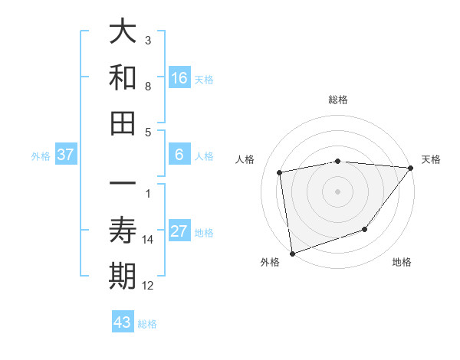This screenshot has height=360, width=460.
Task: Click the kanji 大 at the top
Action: pos(123,31)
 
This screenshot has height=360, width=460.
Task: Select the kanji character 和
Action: pos(123,77)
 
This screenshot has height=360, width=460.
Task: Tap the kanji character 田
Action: pos(123,123)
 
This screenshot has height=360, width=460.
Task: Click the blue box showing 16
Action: pos(179,78)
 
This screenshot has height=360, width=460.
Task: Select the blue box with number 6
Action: pos(179,155)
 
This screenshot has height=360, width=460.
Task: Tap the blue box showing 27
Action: pos(179,231)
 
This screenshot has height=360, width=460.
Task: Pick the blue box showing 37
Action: pos(66,155)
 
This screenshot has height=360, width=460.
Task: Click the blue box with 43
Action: pos(123,322)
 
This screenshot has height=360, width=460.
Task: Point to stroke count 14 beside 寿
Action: pos(148,240)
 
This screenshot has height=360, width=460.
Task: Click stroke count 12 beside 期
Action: pos(148,286)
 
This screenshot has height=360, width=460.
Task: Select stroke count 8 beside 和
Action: pos(148,87)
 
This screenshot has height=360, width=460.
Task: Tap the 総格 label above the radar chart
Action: pos(337,100)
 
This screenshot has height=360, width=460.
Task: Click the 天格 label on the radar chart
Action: pos(432,159)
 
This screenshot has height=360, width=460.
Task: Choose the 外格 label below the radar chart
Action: pos(269,262)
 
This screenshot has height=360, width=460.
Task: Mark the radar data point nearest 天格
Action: pos(411,168)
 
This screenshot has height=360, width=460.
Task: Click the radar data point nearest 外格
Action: pos(292,253)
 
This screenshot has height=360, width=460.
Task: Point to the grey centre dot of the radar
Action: pos(337,191)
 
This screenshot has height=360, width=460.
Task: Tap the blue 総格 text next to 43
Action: pos(147,323)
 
